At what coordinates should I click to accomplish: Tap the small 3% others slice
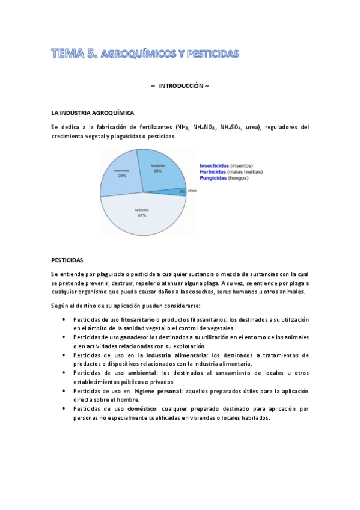[182, 191]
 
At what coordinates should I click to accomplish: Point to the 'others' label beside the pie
[192, 191]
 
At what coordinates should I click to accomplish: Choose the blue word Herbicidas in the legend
[213, 171]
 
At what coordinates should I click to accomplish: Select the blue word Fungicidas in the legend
[213, 178]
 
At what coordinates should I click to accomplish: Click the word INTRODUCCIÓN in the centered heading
[180, 86]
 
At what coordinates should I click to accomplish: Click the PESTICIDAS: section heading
[68, 260]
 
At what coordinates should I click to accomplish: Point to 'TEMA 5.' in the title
[74, 54]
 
